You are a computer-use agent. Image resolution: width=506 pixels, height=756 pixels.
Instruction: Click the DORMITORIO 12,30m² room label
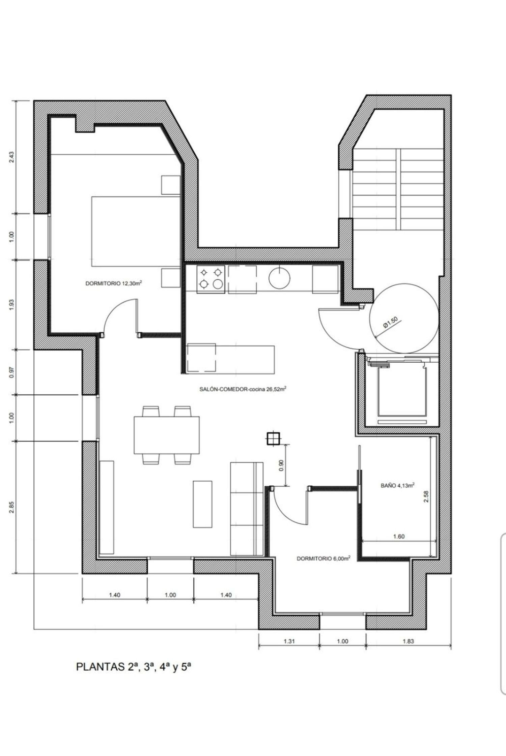pyautogui.click(x=113, y=283)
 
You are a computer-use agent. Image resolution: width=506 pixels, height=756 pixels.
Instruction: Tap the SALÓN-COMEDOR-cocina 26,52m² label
pyautogui.click(x=243, y=389)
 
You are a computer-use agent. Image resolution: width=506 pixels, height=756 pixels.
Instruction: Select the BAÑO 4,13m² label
pyautogui.click(x=397, y=486)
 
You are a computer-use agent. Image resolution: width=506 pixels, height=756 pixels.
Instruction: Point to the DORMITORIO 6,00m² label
pyautogui.click(x=324, y=558)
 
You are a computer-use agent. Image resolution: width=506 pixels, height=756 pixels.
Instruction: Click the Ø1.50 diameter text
pyautogui.click(x=390, y=323)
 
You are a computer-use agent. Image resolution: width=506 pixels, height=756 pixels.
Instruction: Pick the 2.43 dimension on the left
pyautogui.click(x=11, y=157)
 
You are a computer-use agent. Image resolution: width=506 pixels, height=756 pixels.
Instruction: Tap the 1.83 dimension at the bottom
pyautogui.click(x=408, y=641)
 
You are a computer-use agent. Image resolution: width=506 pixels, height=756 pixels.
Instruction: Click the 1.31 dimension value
pyautogui.click(x=289, y=641)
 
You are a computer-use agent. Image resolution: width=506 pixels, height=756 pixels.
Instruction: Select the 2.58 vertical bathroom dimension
pyautogui.click(x=426, y=496)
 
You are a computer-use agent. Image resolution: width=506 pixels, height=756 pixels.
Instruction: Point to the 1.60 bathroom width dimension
pyautogui.click(x=399, y=537)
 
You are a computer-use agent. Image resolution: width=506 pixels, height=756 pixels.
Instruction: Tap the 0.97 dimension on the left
pyautogui.click(x=11, y=372)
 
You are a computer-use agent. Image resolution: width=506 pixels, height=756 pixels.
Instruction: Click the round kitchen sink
pyautogui.click(x=279, y=277)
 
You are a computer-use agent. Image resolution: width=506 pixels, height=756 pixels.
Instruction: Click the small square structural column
pyautogui.click(x=272, y=439)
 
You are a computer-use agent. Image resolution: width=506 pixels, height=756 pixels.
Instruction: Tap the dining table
pyautogui.click(x=167, y=435)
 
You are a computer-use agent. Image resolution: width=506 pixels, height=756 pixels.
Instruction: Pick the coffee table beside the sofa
pyautogui.click(x=202, y=504)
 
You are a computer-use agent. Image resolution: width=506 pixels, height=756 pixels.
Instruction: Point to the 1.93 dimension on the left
pyautogui.click(x=11, y=305)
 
